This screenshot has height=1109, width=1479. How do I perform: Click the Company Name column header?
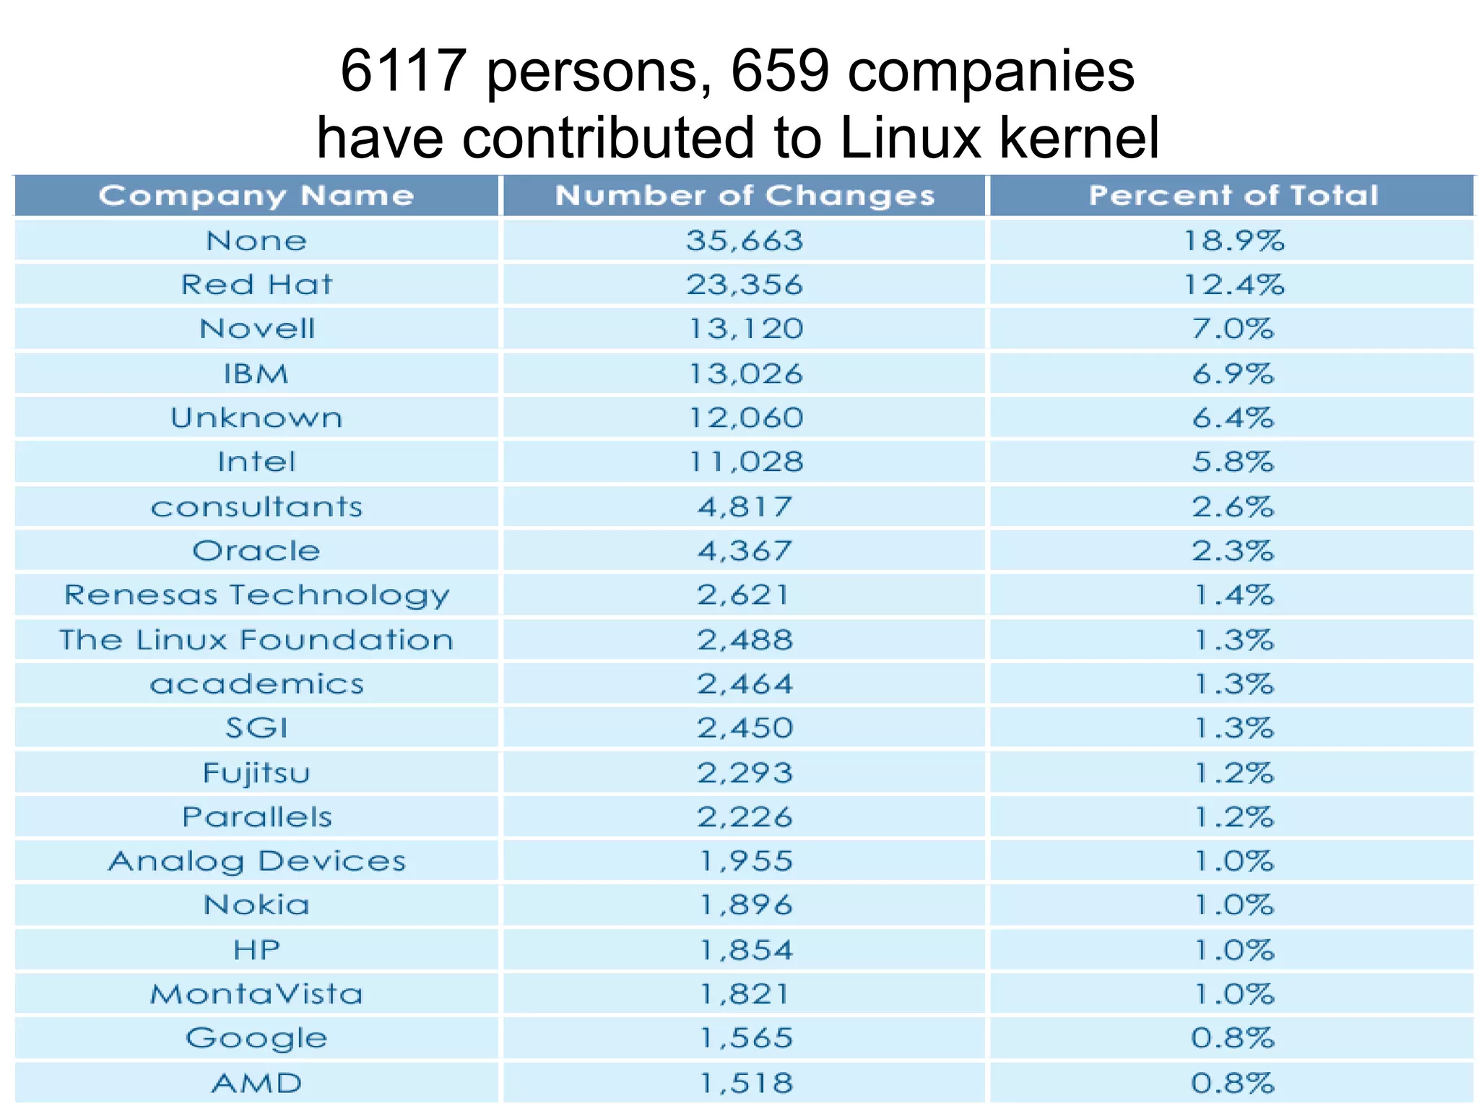tap(256, 196)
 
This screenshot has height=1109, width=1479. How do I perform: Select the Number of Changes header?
tap(744, 196)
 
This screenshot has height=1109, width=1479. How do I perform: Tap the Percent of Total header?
tap(1233, 196)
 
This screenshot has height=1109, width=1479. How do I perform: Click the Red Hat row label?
tap(256, 285)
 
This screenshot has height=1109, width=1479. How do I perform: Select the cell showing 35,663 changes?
tap(744, 241)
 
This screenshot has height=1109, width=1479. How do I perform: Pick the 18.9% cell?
tap(1233, 241)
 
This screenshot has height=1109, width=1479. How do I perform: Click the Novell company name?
tap(257, 329)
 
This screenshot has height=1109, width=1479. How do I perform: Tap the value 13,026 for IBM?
tap(745, 374)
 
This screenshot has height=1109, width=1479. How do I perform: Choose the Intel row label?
tap(256, 462)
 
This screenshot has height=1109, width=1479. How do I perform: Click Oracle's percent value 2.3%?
tap(1232, 551)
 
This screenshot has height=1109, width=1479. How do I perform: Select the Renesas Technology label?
tap(256, 595)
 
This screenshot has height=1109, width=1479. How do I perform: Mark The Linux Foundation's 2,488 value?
tap(745, 640)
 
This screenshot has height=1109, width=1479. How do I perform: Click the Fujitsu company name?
tap(256, 773)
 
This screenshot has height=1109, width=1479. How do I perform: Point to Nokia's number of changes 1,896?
tap(745, 905)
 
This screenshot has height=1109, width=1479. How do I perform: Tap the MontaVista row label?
tap(256, 994)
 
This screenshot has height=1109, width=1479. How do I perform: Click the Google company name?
tap(256, 1038)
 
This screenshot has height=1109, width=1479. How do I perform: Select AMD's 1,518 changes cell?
tap(745, 1083)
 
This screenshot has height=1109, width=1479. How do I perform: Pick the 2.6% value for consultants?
tap(1232, 507)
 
